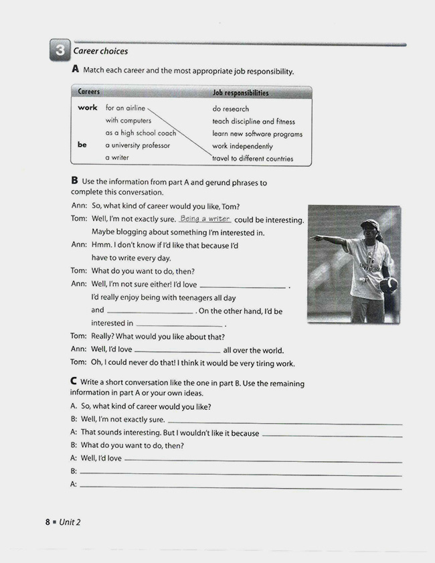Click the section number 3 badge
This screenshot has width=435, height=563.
[x=59, y=50]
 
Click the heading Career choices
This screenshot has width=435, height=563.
[x=100, y=51]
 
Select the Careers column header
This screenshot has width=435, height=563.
[x=89, y=92]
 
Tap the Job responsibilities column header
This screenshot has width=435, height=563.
[x=240, y=93]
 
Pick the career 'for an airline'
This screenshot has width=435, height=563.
[x=125, y=108]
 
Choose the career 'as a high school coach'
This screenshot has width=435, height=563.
[x=141, y=133]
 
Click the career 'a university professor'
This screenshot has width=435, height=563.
[x=138, y=145]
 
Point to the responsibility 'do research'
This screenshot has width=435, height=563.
[x=230, y=109]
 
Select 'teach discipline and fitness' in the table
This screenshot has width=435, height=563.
[x=253, y=122]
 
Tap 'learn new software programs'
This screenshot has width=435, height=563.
[x=257, y=134]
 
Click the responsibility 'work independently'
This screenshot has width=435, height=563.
[x=242, y=146]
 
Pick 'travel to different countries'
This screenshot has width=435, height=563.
[x=252, y=159]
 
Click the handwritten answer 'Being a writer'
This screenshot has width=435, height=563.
[x=205, y=219]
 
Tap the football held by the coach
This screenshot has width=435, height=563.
[x=388, y=284]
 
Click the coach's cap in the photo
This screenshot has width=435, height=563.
[x=369, y=225]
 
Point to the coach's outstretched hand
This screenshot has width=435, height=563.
[x=315, y=238]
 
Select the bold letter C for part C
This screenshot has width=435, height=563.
[x=74, y=381]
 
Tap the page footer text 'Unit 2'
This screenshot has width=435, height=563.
[x=70, y=522]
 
